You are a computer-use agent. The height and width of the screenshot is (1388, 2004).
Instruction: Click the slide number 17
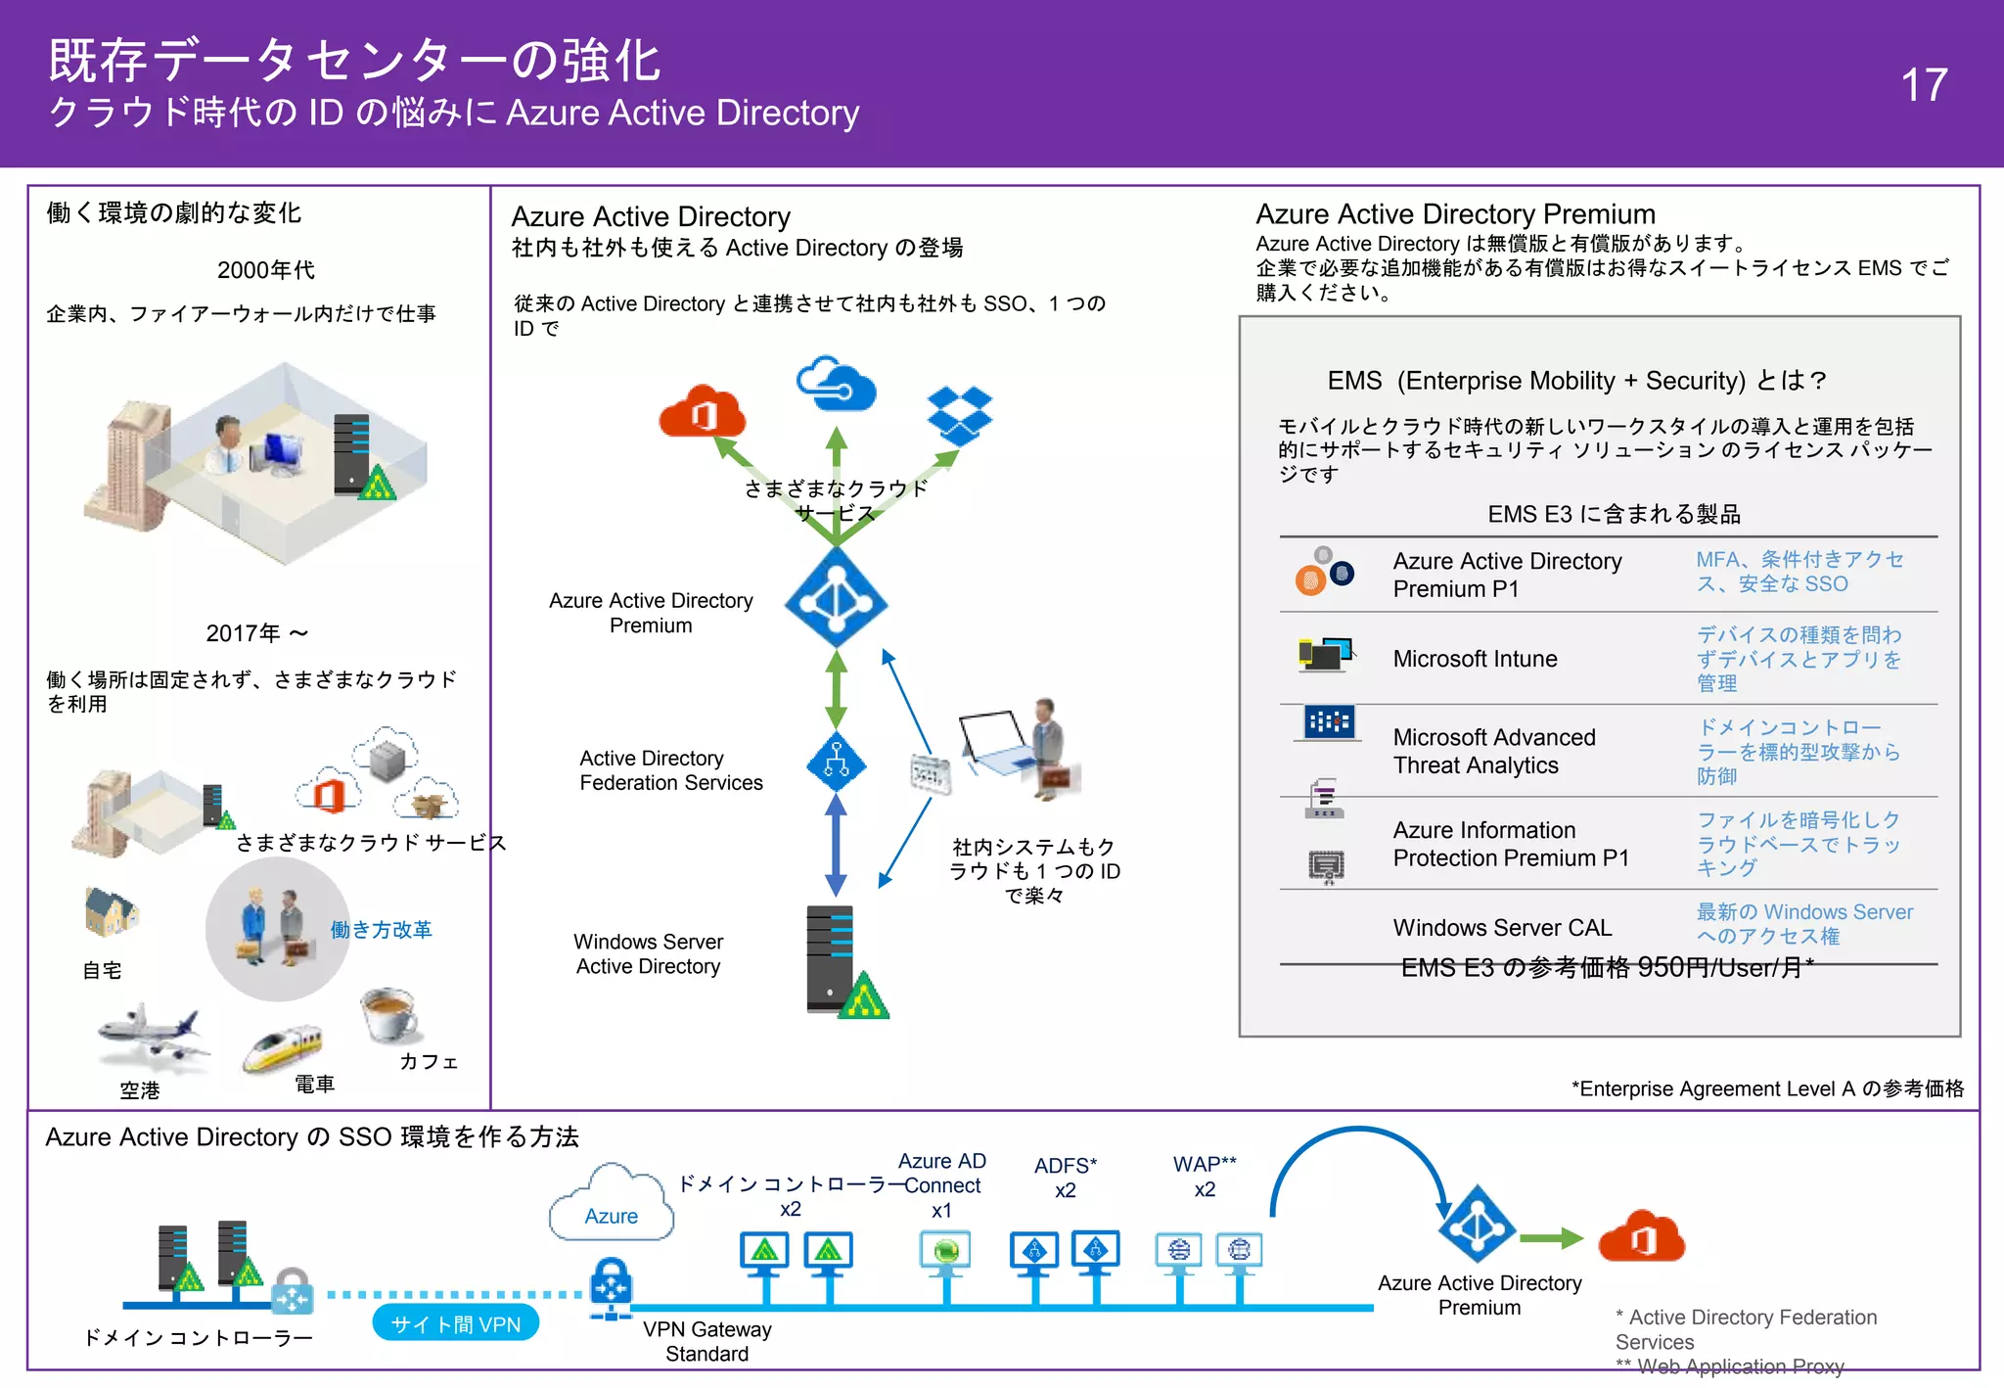[1923, 85]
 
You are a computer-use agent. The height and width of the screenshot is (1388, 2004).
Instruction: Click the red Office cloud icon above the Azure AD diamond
[702, 412]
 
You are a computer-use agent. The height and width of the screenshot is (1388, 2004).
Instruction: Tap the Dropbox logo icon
[959, 414]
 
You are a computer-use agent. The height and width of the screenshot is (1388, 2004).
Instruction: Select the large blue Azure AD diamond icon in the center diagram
[836, 598]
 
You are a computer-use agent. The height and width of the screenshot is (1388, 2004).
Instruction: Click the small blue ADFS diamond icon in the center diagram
[836, 761]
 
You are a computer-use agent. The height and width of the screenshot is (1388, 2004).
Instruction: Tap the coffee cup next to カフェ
[390, 1013]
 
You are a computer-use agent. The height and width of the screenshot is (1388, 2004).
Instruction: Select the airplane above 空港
[152, 1039]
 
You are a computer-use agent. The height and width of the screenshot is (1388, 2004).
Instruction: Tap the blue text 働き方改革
[381, 929]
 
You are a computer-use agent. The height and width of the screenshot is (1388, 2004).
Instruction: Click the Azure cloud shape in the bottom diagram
[612, 1206]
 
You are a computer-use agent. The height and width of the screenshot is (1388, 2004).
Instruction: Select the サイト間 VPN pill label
[456, 1324]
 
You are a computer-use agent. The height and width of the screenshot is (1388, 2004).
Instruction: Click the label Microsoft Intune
[1475, 659]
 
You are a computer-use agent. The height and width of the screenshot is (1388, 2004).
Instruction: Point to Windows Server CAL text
[1502, 927]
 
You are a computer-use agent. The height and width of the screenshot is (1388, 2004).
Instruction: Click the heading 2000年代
[265, 270]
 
